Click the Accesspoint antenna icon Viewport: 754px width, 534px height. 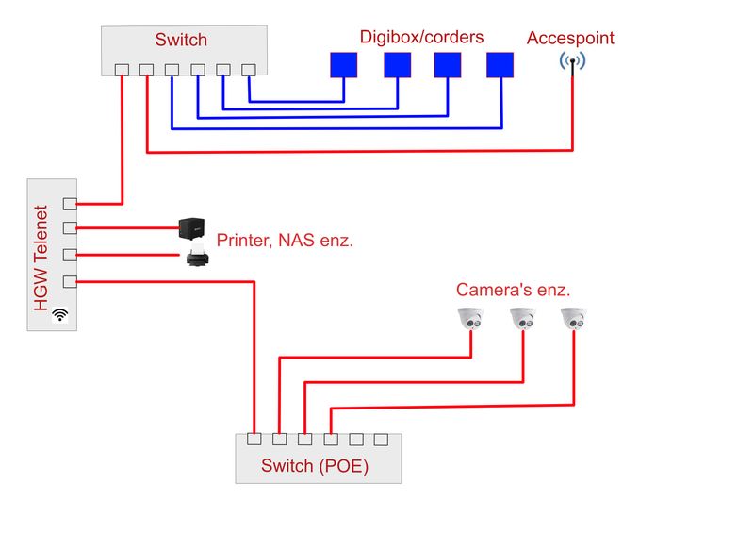coord(572,63)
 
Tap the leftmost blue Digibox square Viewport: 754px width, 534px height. coord(344,64)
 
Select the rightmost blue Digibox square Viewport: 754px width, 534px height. coord(500,64)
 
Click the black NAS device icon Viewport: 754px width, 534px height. coord(192,227)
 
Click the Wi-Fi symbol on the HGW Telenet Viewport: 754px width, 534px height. coord(61,314)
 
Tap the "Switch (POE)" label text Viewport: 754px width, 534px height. coord(315,466)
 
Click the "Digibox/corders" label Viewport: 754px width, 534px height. coord(421,38)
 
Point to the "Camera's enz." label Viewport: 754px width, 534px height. coord(514,290)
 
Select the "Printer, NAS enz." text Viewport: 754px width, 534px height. coord(285,241)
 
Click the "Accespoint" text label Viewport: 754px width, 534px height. coord(570,39)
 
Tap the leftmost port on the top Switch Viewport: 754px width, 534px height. coord(122,70)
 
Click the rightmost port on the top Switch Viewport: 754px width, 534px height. coord(249,70)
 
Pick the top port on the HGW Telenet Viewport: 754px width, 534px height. coord(69,204)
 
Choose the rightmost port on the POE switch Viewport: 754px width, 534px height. coord(381,440)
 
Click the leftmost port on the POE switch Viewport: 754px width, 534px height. coord(254,440)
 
